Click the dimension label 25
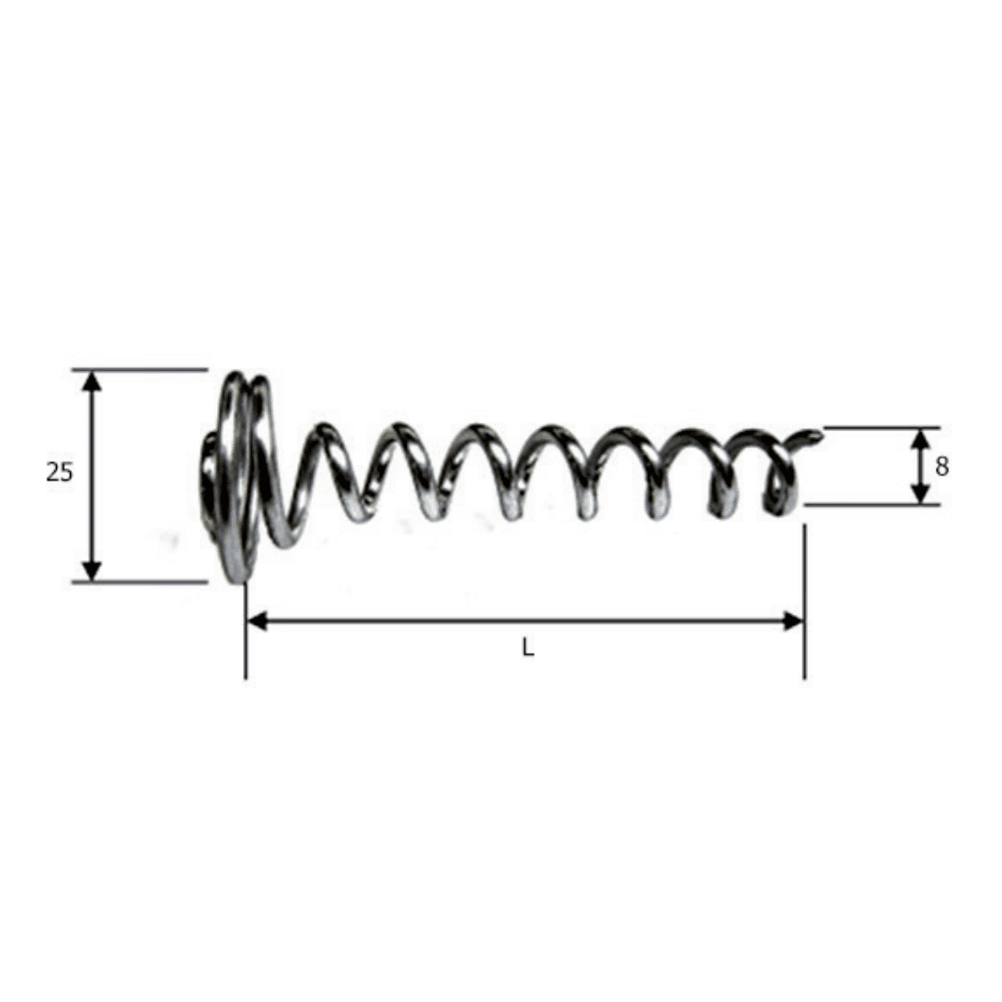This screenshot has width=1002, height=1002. pos(60,472)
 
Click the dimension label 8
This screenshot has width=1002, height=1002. pos(941,467)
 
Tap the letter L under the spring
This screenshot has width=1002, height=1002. pos(528,649)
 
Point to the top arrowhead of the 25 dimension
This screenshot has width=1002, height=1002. pos(93,381)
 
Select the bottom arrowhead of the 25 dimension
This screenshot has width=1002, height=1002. pos(93,571)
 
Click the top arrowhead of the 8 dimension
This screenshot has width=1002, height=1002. pos(920,438)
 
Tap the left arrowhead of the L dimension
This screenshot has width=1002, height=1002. pos(257,620)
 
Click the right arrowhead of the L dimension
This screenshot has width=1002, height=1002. pos(793,620)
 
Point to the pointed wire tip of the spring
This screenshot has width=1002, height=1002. pos(819,435)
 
